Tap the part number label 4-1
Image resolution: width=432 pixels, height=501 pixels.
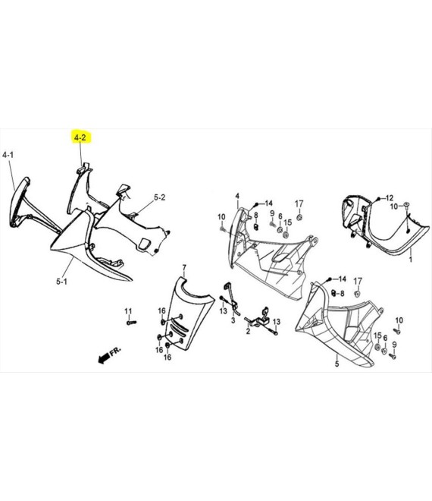coord(8,155)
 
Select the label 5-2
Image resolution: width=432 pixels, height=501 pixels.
coord(160,197)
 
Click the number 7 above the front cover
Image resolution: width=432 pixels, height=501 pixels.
coord(183,267)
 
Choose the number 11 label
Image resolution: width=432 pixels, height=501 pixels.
coord(128,311)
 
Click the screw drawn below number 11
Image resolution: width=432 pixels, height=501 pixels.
coord(130,323)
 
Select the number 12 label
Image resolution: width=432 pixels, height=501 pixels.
coord(390,197)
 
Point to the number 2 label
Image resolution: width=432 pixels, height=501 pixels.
coord(247,330)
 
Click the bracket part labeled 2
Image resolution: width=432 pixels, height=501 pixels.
coord(264,317)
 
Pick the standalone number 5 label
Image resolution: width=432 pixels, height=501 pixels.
coord(337,364)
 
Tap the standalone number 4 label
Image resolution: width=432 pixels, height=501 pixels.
coord(237,197)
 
